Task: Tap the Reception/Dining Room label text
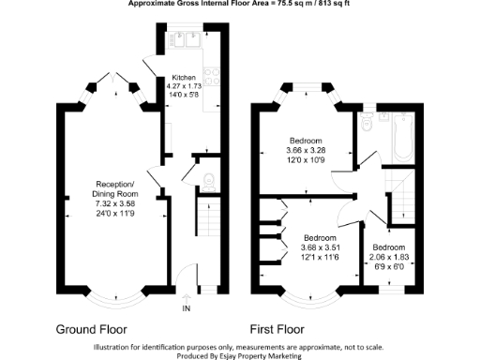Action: pos(116,187)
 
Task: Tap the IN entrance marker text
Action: pos(186,308)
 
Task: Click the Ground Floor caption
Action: pos(92,329)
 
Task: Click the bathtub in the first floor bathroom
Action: pos(402,136)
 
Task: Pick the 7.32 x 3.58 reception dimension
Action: pos(115,202)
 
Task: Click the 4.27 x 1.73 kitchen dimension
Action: pos(183,86)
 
